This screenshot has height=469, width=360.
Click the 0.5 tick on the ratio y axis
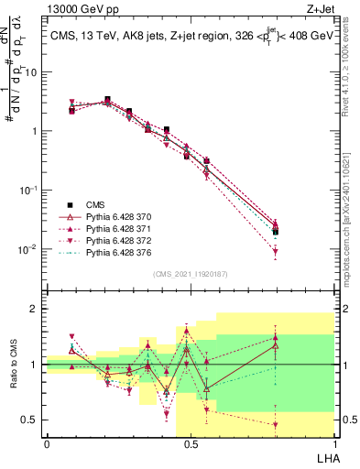(x=32, y=420)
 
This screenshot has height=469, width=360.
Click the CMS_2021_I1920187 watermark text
(x=190, y=274)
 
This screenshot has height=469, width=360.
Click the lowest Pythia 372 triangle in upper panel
(x=275, y=251)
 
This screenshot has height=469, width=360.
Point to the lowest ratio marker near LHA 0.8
(x=275, y=424)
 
